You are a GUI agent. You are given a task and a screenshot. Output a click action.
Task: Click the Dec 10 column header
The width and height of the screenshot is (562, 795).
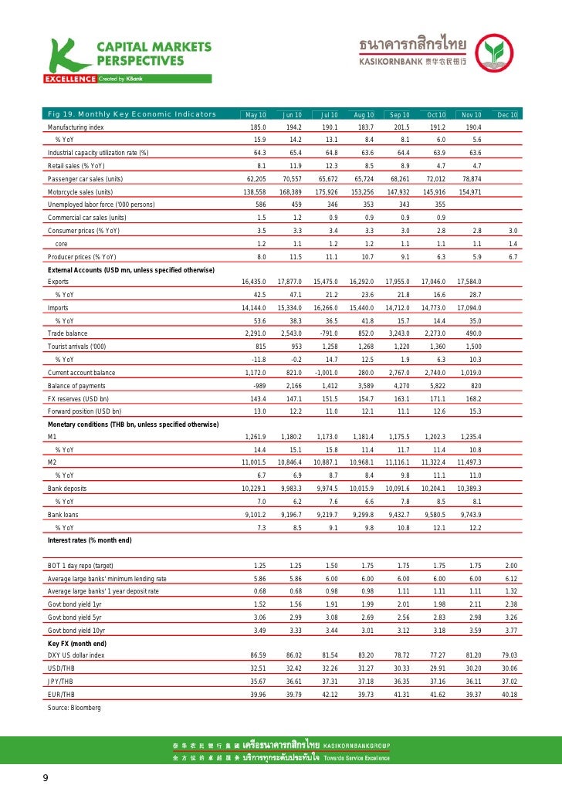pos(507,115)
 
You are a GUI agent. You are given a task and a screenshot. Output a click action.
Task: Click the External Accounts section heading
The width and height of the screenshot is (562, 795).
pos(130,269)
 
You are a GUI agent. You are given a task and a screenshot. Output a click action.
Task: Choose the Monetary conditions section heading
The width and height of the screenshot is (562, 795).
pos(134,425)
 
